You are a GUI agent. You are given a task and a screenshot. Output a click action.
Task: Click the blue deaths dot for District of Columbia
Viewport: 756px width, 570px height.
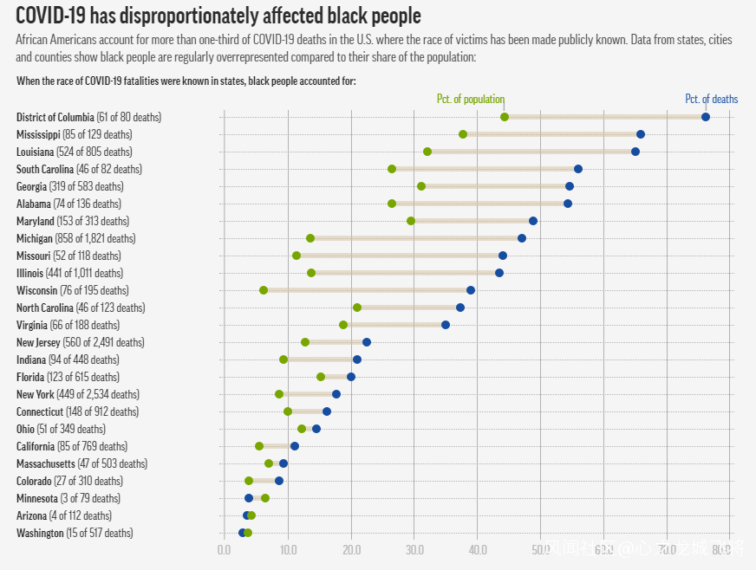[x=705, y=117]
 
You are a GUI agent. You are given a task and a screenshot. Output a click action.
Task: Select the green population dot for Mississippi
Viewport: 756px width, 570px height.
[x=463, y=134]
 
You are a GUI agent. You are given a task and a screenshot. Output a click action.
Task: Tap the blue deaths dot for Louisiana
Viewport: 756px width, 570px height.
[x=635, y=152]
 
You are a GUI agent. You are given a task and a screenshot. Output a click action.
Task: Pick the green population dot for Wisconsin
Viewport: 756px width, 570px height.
[x=264, y=290]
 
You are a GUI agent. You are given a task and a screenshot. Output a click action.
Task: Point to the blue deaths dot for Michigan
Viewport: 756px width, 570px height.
[x=522, y=238]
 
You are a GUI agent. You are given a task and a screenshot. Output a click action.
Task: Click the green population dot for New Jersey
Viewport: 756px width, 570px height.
[x=305, y=342]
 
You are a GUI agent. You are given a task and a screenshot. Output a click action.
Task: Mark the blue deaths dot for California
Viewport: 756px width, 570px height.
[x=295, y=446]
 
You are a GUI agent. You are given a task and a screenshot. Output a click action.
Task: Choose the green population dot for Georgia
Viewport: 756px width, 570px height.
[x=421, y=186]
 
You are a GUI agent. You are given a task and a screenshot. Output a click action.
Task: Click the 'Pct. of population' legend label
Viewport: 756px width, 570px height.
[x=470, y=99]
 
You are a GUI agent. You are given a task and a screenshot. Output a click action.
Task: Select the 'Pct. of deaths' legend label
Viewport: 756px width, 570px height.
[x=711, y=99]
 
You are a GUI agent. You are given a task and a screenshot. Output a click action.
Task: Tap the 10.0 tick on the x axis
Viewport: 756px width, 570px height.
[x=288, y=549]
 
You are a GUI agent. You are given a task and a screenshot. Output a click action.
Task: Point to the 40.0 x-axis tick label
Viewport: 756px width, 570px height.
[x=478, y=549]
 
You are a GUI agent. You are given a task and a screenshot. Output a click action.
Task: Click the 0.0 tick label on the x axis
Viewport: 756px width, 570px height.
[x=224, y=549]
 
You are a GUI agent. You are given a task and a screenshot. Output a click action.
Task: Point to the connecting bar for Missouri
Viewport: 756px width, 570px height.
[x=399, y=256]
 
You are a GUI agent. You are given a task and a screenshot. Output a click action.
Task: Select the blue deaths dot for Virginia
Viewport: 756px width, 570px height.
[x=446, y=325]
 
